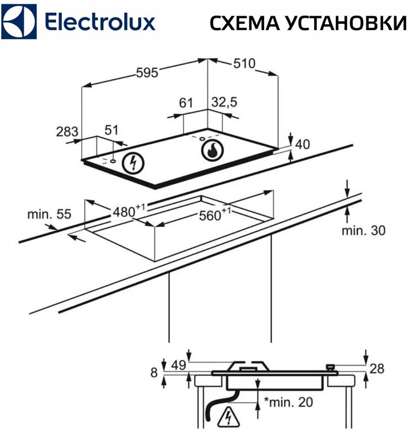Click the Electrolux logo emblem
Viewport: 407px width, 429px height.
click(x=20, y=21)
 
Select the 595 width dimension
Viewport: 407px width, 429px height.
click(x=147, y=73)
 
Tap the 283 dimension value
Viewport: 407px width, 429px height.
click(x=67, y=131)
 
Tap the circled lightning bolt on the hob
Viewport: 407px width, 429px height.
click(x=133, y=163)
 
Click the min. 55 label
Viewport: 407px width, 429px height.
click(x=49, y=214)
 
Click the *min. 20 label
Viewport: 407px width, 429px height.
click(x=288, y=402)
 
